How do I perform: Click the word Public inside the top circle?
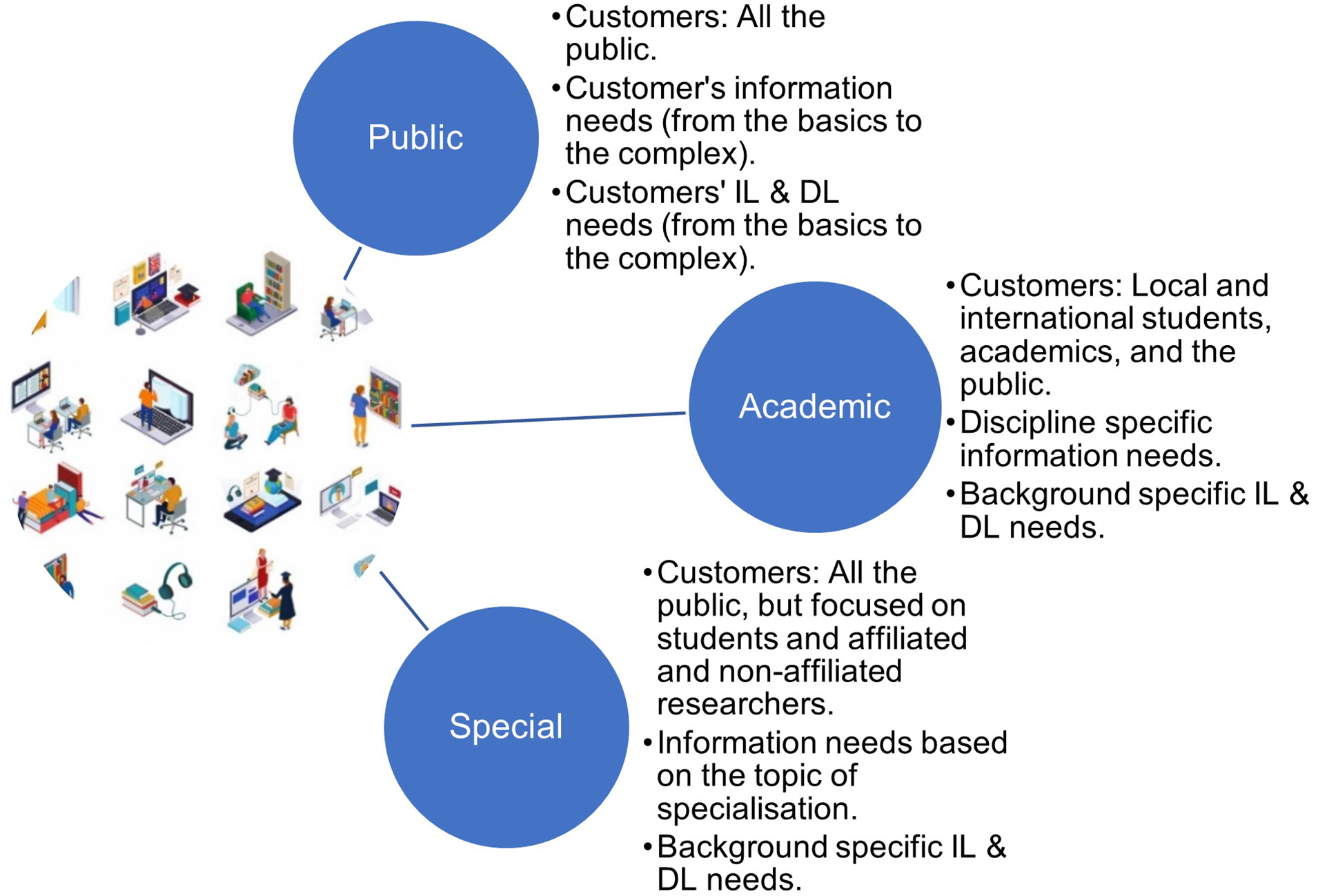(x=415, y=137)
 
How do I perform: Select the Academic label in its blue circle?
(x=815, y=406)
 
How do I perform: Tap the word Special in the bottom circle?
(x=506, y=727)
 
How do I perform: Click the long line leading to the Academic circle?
(x=549, y=419)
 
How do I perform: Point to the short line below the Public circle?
(x=353, y=263)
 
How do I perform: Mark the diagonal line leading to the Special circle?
(x=404, y=601)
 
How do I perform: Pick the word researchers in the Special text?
(x=745, y=704)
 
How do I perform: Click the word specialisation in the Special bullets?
(x=757, y=809)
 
